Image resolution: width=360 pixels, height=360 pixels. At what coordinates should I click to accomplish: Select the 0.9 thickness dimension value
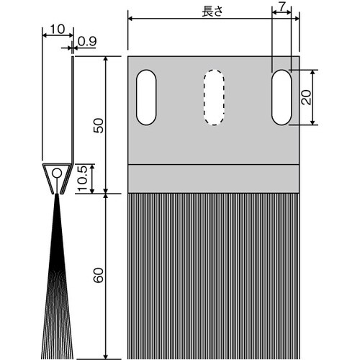[x=86, y=41]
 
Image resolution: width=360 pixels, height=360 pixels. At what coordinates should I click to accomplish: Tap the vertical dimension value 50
[x=99, y=125]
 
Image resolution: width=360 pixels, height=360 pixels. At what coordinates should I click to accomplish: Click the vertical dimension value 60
[x=99, y=275]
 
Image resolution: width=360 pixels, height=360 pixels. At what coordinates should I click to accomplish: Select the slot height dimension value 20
[x=307, y=98]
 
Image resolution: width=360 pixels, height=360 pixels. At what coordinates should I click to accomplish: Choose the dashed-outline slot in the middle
[x=213, y=98]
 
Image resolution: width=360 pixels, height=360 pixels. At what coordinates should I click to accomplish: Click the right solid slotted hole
[x=281, y=98]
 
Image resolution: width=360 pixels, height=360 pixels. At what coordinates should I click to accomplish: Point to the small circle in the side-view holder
[x=56, y=174]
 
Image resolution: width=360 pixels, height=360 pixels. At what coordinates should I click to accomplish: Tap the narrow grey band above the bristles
[x=213, y=179]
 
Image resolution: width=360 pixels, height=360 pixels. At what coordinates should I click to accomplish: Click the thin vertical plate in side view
[x=73, y=108]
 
